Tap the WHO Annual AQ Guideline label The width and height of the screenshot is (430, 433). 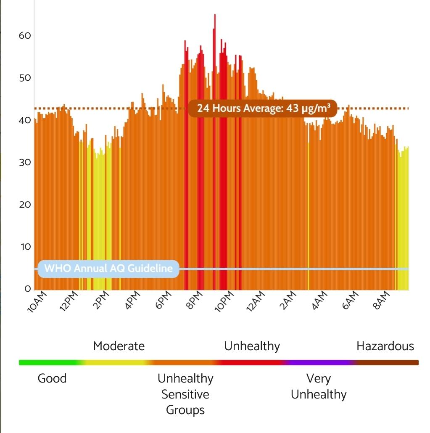(108, 269)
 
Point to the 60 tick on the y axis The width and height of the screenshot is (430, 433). (25, 36)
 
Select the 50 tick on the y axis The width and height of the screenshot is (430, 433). (25, 78)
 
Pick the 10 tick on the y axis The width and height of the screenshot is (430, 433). (25, 247)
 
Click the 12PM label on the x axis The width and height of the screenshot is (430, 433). (69, 301)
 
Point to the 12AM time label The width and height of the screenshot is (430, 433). (256, 301)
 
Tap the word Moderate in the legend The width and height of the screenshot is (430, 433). (119, 346)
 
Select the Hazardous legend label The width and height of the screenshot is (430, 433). (385, 346)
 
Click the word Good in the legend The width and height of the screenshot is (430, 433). (52, 378)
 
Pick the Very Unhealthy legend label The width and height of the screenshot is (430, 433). (319, 386)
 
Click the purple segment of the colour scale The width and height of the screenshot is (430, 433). (319, 362)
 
